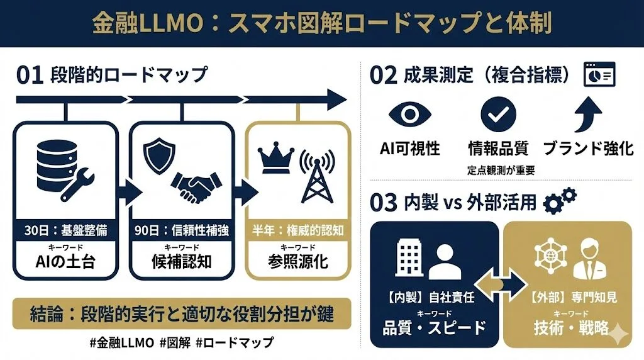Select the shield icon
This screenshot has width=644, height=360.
[157, 155]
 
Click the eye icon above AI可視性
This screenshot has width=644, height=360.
[409, 115]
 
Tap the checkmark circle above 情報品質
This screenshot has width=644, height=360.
[498, 114]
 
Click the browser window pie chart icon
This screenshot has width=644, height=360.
[599, 74]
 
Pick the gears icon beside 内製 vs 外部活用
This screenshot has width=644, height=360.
[559, 200]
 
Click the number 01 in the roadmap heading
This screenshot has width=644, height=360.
[29, 75]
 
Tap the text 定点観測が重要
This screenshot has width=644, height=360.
[501, 170]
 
